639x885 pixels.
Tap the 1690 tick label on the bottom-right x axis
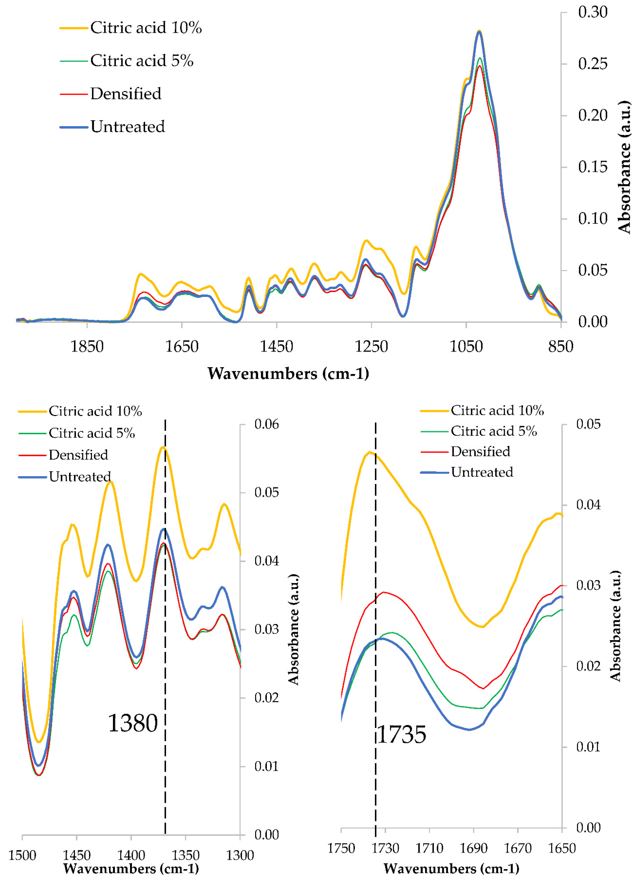click(x=473, y=848)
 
